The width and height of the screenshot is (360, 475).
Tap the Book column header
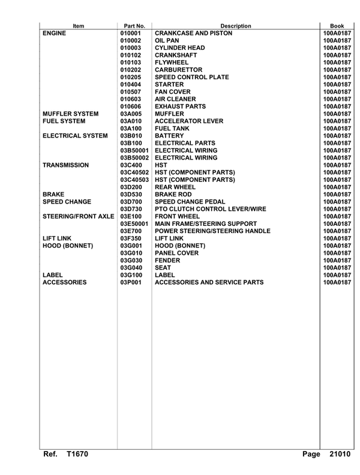[336, 26]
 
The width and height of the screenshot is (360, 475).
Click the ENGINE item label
[59, 34]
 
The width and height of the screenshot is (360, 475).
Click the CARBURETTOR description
[181, 69]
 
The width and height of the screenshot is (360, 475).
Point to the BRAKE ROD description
[175, 194]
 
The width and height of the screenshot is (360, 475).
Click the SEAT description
[164, 267]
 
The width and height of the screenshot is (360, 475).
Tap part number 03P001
[130, 282]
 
